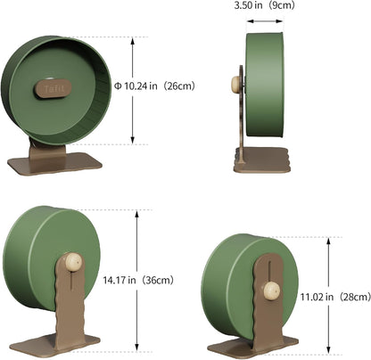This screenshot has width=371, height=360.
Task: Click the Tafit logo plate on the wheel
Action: click(54, 88)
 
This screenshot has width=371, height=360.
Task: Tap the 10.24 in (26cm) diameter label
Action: click(154, 86)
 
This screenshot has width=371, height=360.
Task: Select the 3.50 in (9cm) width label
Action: click(264, 5)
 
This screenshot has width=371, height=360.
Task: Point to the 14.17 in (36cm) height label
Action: click(138, 280)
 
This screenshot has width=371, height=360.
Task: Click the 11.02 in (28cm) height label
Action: click(335, 297)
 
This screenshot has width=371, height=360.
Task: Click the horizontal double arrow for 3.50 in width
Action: click(265, 21)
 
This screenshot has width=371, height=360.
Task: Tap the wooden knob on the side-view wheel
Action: click(236, 84)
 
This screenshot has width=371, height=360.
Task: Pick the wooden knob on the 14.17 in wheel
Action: click(73, 261)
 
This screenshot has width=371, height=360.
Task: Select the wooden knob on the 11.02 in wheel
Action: click(272, 290)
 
